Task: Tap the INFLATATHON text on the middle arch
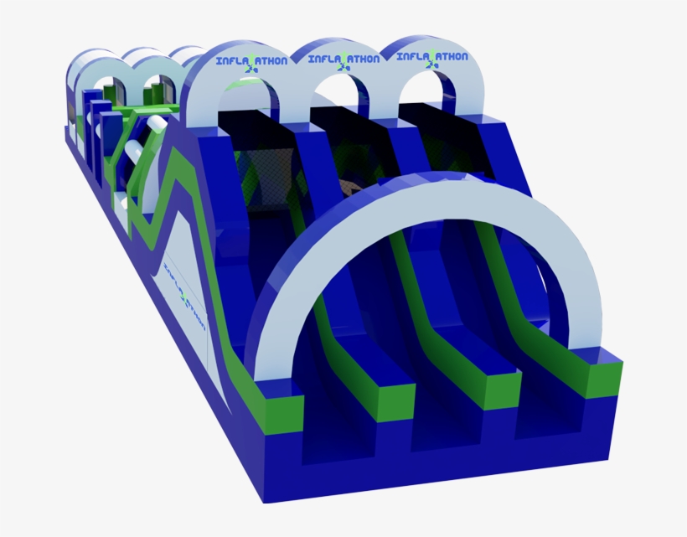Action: point(343,59)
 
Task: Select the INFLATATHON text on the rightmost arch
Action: point(431,58)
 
